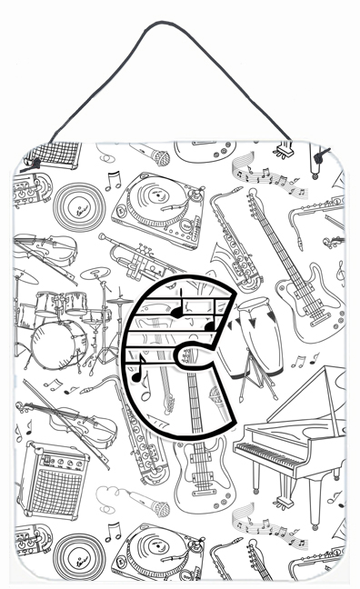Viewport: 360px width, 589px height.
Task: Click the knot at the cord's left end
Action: pyautogui.click(x=36, y=164)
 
